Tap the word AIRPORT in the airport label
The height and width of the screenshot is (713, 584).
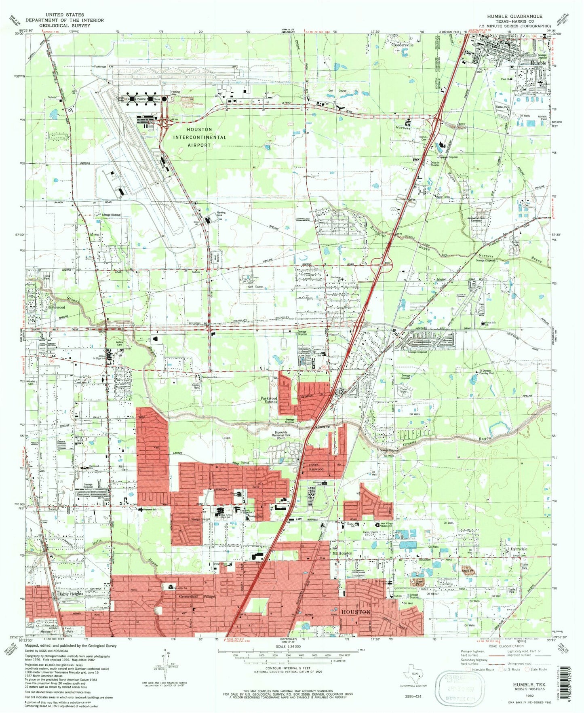[199, 145]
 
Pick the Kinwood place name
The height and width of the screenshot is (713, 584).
[316, 469]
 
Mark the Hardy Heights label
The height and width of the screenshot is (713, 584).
[70, 594]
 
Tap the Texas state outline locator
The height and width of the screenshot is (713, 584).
[415, 674]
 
